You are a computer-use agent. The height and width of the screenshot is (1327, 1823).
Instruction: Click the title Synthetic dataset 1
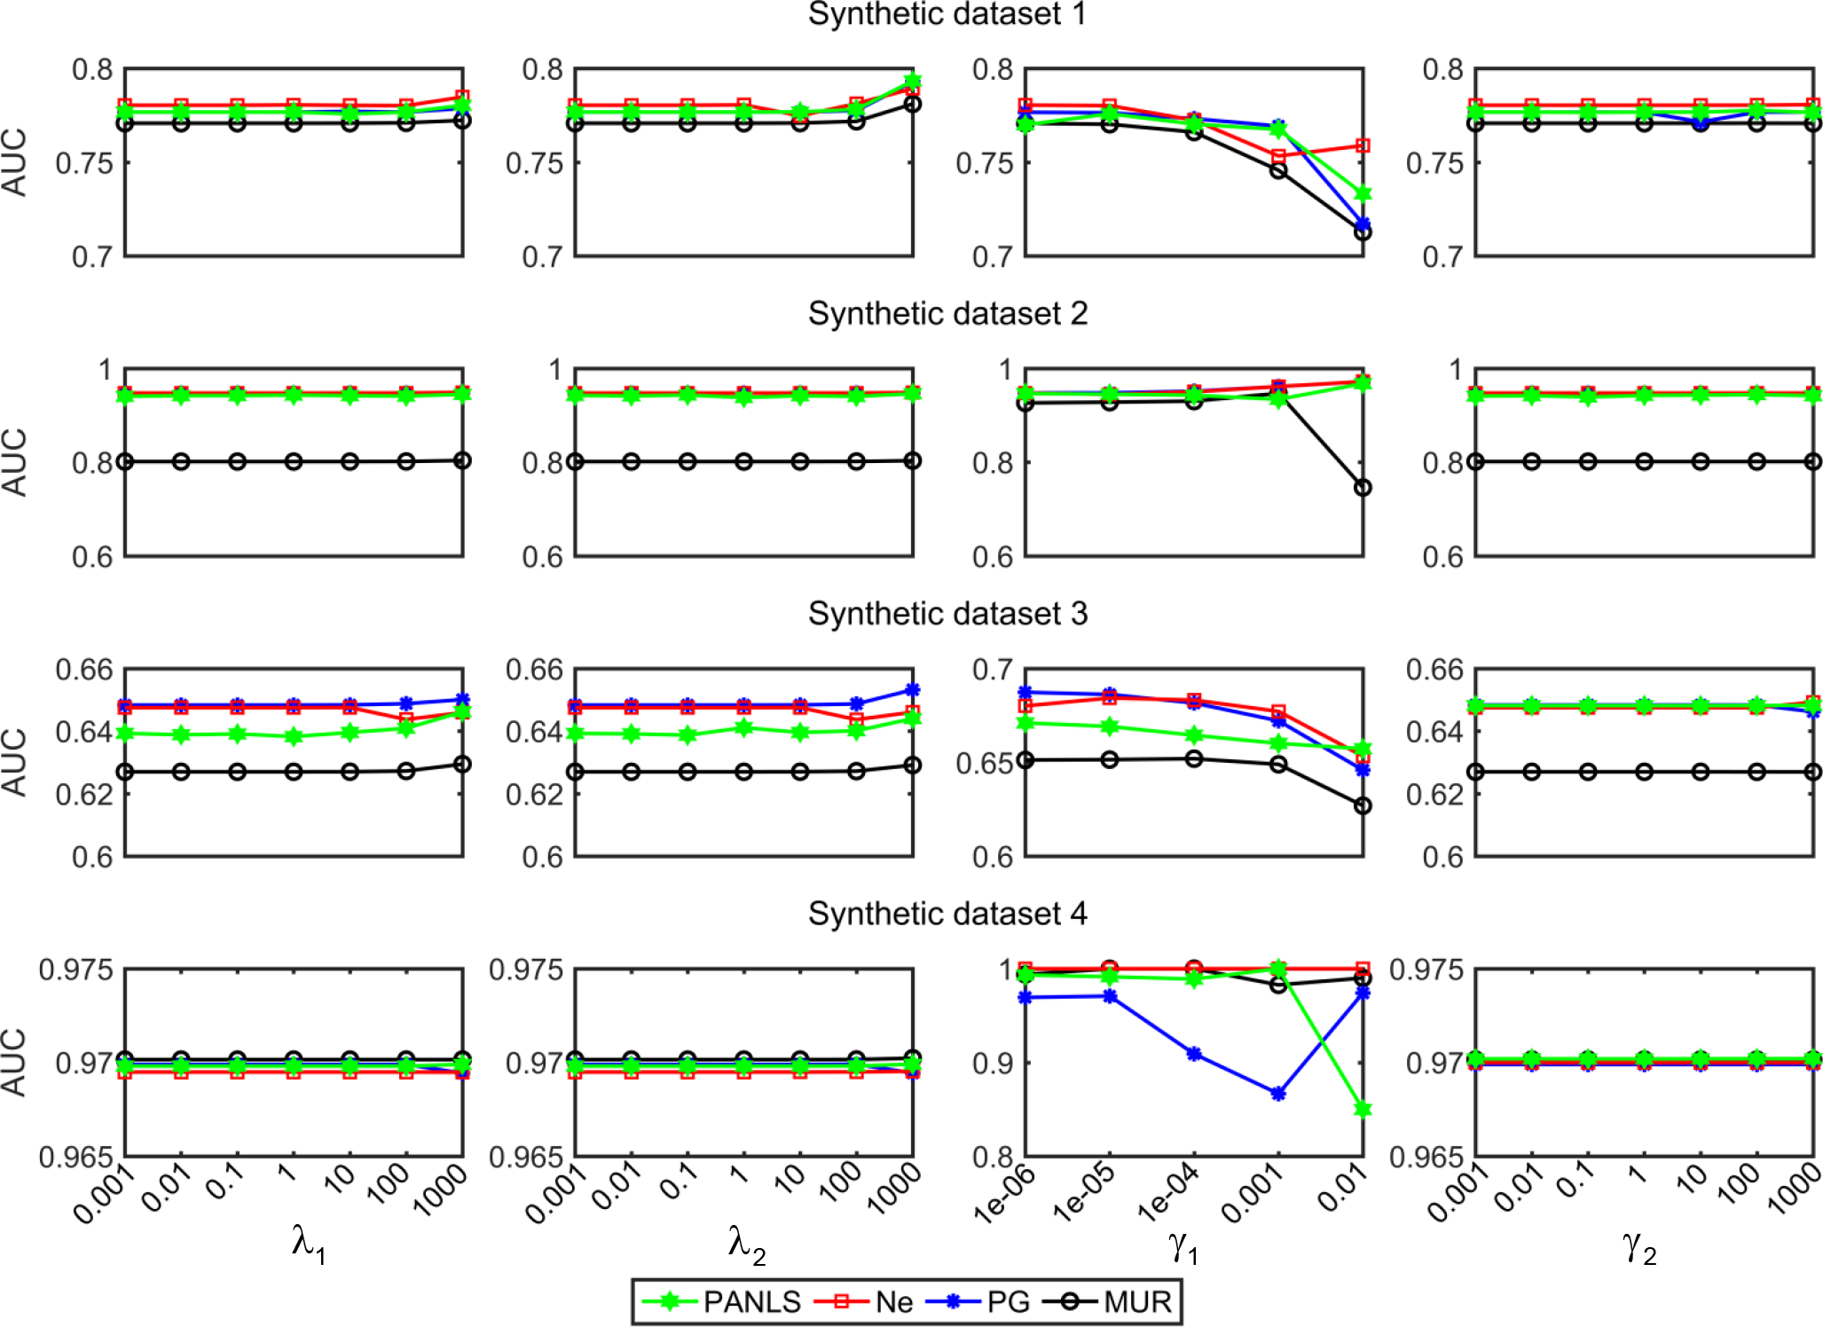click(x=947, y=15)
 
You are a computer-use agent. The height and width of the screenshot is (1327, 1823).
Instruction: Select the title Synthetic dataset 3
click(x=947, y=614)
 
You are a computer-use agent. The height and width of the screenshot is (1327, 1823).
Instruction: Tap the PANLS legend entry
click(x=752, y=1301)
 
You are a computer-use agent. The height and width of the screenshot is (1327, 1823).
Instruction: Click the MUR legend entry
click(x=1137, y=1301)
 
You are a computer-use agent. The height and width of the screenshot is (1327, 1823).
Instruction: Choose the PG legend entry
click(x=1008, y=1301)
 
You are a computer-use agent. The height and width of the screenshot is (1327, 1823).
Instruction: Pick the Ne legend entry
click(x=893, y=1301)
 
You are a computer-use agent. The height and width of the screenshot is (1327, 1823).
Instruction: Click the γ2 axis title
click(x=1639, y=1246)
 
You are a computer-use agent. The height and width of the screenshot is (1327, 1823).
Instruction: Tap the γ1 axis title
click(x=1183, y=1246)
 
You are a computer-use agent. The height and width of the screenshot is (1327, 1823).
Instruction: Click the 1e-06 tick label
click(x=1004, y=1194)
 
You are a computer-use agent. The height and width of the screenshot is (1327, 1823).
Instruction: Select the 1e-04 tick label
click(x=1169, y=1194)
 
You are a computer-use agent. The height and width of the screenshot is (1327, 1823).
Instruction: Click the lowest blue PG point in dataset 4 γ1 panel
click(x=1278, y=1094)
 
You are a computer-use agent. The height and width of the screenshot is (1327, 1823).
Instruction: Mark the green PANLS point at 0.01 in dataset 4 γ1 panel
click(x=1363, y=1109)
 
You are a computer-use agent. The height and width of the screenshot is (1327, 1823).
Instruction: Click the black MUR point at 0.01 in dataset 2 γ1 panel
click(x=1363, y=487)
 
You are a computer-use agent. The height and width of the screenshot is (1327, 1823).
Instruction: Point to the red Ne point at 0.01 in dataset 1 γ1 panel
click(x=1363, y=145)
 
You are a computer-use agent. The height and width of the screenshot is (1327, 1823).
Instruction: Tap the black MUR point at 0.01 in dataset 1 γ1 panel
click(x=1363, y=232)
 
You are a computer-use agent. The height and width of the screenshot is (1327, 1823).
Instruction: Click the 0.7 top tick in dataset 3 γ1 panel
click(x=992, y=670)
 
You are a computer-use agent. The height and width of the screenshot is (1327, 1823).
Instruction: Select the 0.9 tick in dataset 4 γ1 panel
click(x=992, y=1063)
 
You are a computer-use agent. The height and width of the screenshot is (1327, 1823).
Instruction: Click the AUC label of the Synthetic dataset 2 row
click(x=15, y=462)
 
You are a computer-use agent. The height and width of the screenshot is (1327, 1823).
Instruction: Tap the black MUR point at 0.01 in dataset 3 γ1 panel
click(x=1363, y=805)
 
